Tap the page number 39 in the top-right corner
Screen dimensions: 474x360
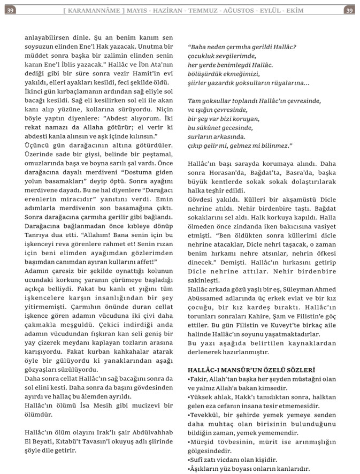(x=349, y=10)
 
